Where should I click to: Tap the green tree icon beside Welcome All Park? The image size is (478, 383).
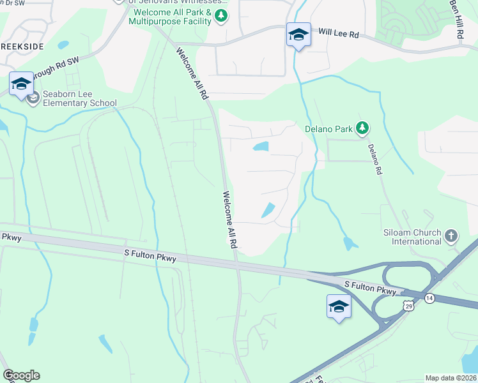coord(221,15)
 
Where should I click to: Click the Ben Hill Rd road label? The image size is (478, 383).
coord(455,19)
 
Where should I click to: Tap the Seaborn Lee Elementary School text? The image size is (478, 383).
coord(75,98)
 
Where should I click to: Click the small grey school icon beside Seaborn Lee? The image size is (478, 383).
coord(33,98)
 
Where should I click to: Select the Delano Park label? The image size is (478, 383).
coord(328,129)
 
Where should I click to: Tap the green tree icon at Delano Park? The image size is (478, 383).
coord(363,128)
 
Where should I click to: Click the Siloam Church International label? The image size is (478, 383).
coord(412,237)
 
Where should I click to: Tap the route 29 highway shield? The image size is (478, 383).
coord(408,307)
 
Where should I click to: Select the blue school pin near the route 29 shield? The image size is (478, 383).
coord(339,307)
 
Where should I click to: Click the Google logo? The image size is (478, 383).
coord(21,375)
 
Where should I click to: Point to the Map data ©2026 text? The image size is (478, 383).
coord(450,378)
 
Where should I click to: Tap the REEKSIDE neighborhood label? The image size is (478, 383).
coord(22,48)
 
